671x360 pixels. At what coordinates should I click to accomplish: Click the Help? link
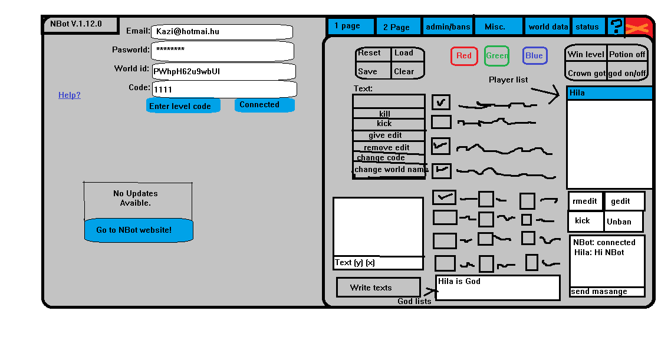pyautogui.click(x=70, y=95)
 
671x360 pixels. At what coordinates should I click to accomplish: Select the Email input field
pyautogui.click(x=222, y=32)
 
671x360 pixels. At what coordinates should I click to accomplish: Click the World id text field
pyautogui.click(x=223, y=72)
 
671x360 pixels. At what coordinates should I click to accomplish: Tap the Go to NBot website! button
pyautogui.click(x=139, y=230)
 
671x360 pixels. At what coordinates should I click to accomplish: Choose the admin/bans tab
pyautogui.click(x=448, y=27)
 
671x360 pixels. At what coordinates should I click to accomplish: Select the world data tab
pyautogui.click(x=548, y=27)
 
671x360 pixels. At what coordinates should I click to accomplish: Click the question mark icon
pyautogui.click(x=616, y=27)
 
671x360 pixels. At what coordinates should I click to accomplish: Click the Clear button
pyautogui.click(x=407, y=71)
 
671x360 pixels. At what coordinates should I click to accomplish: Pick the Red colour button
pyautogui.click(x=464, y=56)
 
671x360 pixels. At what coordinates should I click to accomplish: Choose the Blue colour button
pyautogui.click(x=534, y=56)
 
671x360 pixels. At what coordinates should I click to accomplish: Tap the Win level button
pyautogui.click(x=586, y=55)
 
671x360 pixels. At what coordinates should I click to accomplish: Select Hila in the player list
pyautogui.click(x=609, y=93)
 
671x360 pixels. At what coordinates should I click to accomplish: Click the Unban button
pyautogui.click(x=623, y=222)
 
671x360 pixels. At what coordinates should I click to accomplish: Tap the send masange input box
pyautogui.click(x=607, y=292)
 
